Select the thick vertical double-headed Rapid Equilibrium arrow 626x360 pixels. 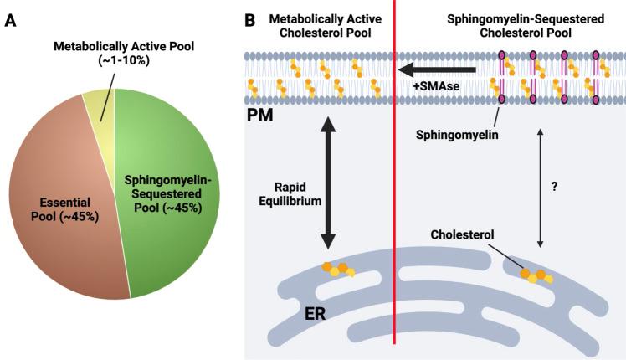tap(327, 185)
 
